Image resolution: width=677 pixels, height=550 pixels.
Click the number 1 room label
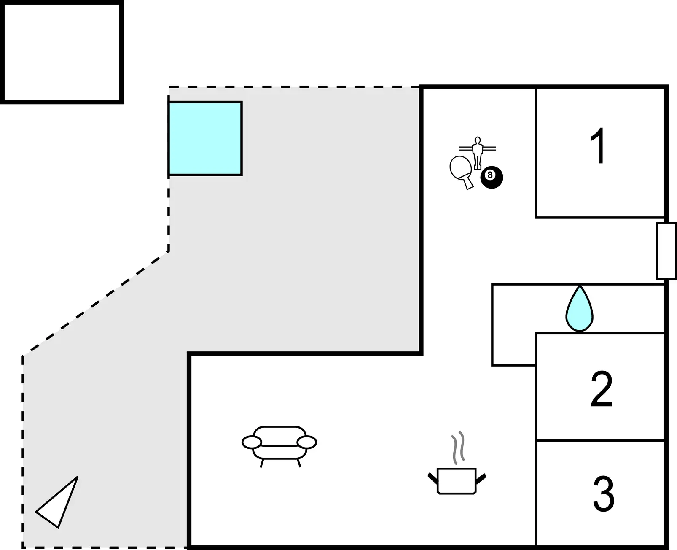(598, 146)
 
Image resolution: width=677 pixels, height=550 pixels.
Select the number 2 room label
(602, 389)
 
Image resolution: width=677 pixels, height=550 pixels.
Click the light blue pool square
(205, 138)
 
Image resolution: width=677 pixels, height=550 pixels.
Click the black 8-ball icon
(492, 178)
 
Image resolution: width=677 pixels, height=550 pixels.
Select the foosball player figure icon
(477, 153)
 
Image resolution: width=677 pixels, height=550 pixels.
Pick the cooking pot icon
(457, 481)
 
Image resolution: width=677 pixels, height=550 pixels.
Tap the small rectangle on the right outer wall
(666, 251)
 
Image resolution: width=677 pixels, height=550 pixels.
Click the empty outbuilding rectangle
(62, 52)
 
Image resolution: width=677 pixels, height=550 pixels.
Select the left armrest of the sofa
(252, 442)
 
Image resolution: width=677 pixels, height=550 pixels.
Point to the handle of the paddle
(468, 183)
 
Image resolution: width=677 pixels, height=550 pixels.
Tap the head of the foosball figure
(477, 140)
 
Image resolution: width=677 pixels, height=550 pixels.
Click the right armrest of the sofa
(307, 442)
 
